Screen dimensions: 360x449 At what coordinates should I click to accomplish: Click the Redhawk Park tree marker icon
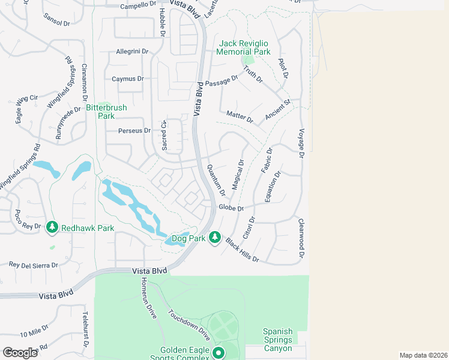tap(53, 227)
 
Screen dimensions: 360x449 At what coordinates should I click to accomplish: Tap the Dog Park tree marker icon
tap(215, 238)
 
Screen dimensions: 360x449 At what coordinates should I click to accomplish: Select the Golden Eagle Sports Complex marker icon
tap(218, 353)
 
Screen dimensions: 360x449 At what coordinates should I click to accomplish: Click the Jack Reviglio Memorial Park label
tap(245, 47)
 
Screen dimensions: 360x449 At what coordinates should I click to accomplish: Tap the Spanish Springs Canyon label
tap(277, 340)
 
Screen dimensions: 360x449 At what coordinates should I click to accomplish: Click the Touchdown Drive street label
tap(188, 325)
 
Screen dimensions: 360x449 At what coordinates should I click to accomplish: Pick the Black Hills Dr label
tap(242, 250)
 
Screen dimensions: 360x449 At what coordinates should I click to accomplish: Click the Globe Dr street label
tap(231, 208)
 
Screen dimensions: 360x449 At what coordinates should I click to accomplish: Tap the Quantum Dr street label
tap(215, 180)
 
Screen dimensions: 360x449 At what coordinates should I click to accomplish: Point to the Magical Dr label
tap(237, 175)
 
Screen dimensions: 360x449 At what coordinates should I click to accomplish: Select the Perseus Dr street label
tap(134, 130)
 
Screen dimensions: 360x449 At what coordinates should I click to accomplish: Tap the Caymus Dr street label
tap(128, 79)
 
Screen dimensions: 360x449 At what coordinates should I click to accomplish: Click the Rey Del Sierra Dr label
tap(33, 265)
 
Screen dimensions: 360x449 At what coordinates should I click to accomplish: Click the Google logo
tap(20, 352)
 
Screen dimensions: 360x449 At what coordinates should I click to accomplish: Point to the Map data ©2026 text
tap(423, 355)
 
